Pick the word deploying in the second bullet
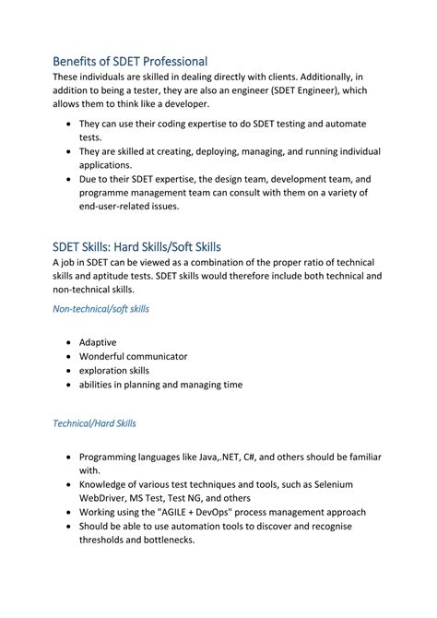(x=237, y=151)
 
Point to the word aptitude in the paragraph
(x=118, y=277)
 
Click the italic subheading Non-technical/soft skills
(x=100, y=309)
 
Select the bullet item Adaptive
(x=98, y=342)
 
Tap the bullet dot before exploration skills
(x=69, y=371)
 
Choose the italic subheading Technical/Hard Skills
(x=94, y=423)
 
